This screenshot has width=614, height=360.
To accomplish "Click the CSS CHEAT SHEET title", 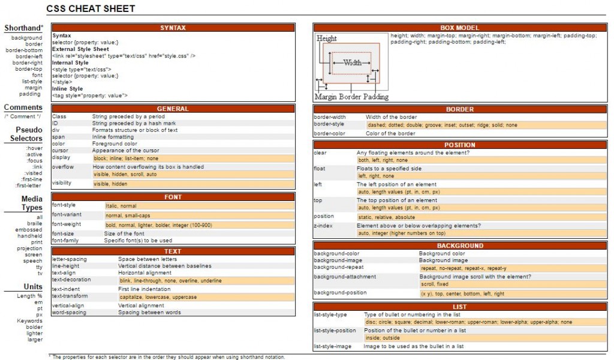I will (x=91, y=8).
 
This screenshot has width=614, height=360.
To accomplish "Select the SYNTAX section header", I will (x=173, y=28).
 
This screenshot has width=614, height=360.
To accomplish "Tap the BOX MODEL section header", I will (x=459, y=28).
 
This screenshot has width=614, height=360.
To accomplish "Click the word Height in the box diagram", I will (x=327, y=38).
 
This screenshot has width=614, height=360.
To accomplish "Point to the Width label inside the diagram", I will (x=352, y=62).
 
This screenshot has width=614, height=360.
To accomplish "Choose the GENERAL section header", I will (x=173, y=109).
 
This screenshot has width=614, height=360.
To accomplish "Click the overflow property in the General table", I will (x=63, y=167).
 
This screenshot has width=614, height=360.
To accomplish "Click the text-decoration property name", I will (x=71, y=280).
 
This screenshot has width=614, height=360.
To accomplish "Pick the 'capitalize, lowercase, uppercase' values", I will (x=158, y=297).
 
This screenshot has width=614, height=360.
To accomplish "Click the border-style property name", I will (x=329, y=124).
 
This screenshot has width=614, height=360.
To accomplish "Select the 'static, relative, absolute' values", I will (x=386, y=217).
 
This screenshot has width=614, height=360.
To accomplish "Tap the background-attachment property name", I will (x=345, y=277).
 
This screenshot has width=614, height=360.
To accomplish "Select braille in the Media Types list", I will (x=35, y=224).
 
